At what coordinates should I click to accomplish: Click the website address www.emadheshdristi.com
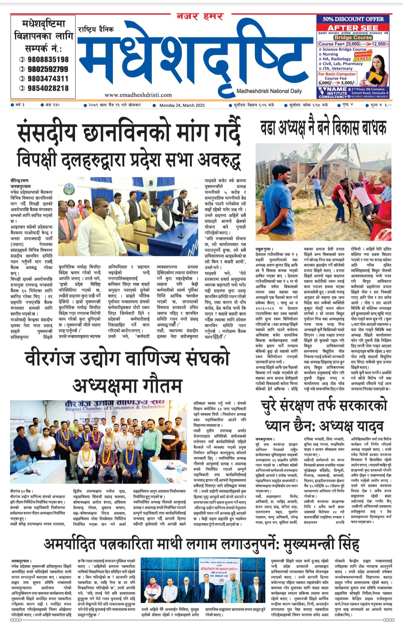[x=138, y=95]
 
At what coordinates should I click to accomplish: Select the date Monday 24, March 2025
[x=182, y=105]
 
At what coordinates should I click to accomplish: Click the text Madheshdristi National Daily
[x=269, y=91]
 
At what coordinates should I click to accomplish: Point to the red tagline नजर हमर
[x=200, y=16]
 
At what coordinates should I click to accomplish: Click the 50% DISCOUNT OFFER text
[x=353, y=19]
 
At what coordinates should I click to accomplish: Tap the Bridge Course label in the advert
[x=353, y=38]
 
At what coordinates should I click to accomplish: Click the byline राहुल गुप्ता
[x=264, y=249]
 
